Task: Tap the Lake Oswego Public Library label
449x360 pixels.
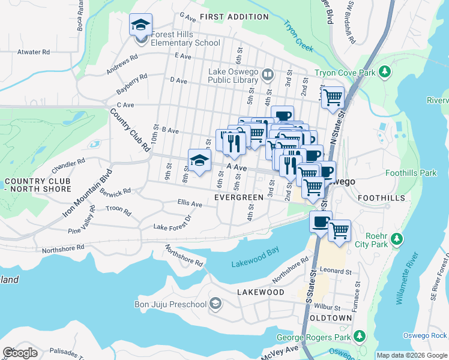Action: [x=233, y=76]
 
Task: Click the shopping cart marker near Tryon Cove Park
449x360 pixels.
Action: [x=333, y=97]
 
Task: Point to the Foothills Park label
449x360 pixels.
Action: [x=411, y=173]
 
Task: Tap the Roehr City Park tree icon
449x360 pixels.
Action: [x=396, y=239]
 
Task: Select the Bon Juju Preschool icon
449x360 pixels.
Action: [x=214, y=304]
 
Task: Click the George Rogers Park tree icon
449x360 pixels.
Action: [x=360, y=337]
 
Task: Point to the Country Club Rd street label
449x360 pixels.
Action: [x=130, y=130]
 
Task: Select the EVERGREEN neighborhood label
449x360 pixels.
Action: [x=238, y=197]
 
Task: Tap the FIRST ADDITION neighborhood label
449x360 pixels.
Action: [x=234, y=17]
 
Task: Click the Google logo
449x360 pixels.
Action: [x=20, y=352]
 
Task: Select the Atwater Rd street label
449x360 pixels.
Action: [x=33, y=52]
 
